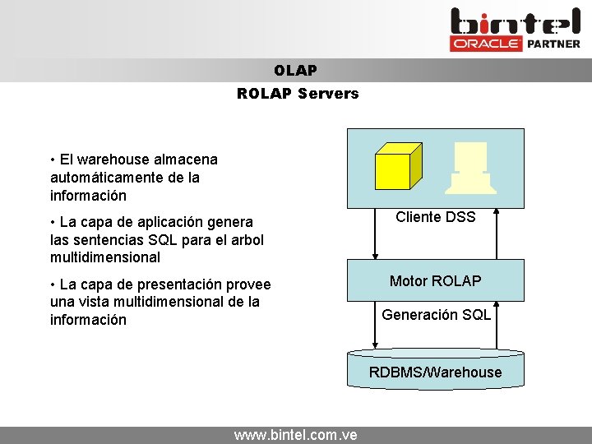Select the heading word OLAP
[296, 72]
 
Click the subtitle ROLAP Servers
[298, 94]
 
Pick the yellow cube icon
[398, 166]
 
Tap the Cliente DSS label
[435, 217]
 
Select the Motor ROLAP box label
[435, 281]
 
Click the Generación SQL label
[436, 315]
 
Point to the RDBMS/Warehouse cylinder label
[435, 372]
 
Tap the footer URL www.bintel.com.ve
[295, 435]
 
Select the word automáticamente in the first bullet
[100, 178]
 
